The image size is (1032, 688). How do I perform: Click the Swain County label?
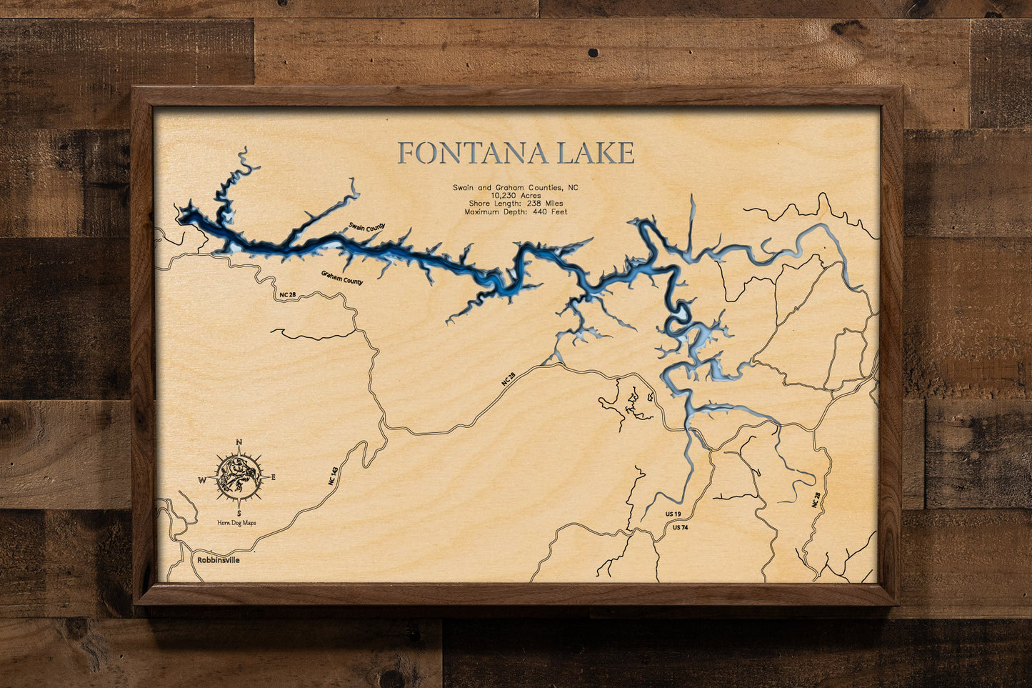click(366, 227)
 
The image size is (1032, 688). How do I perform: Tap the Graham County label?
click(342, 278)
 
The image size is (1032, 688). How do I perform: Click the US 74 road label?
click(680, 528)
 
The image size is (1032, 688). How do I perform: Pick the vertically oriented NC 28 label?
click(816, 499)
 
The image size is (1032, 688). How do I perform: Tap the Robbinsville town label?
click(218, 561)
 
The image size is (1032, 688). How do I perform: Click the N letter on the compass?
click(239, 442)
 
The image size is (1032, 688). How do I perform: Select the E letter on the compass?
click(273, 477)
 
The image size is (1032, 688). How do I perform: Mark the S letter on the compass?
click(239, 513)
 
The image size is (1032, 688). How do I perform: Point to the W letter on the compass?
click(202, 479)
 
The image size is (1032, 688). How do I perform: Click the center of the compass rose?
click(239, 477)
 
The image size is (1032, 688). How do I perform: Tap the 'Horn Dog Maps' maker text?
click(237, 523)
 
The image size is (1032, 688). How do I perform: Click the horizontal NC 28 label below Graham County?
click(287, 295)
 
